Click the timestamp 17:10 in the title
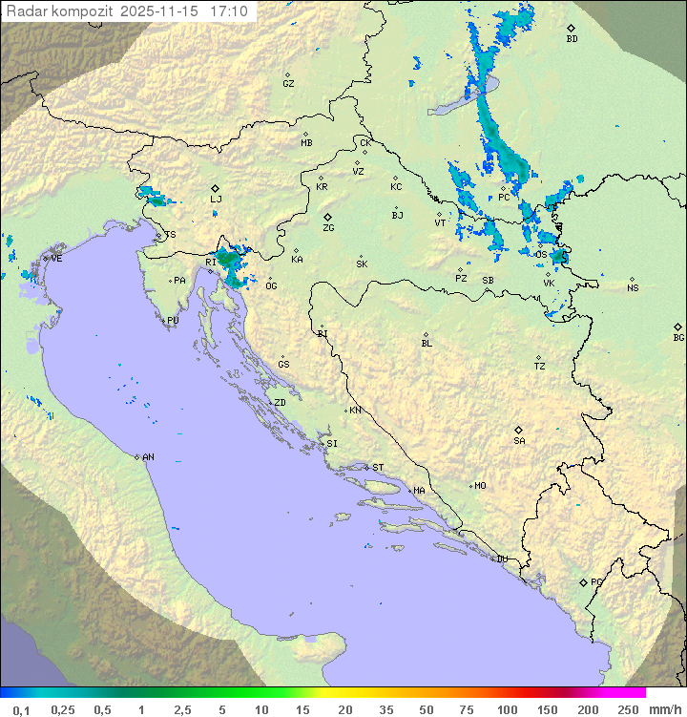coord(231,11)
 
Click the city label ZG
coord(328,228)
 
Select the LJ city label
coord(216,200)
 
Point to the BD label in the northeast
coord(572,39)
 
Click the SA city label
coord(519,441)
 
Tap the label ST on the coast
coord(378,468)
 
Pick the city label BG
coord(678,337)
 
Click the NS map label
coord(633,288)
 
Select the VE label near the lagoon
coord(56,259)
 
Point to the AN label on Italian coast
coord(148,457)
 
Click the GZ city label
coord(288,84)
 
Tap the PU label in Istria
coord(173,321)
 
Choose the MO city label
coord(480,486)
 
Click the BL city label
coord(427,344)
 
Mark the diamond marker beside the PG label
coord(583,582)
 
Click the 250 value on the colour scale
coord(627,709)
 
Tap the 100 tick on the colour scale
coord(507,709)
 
